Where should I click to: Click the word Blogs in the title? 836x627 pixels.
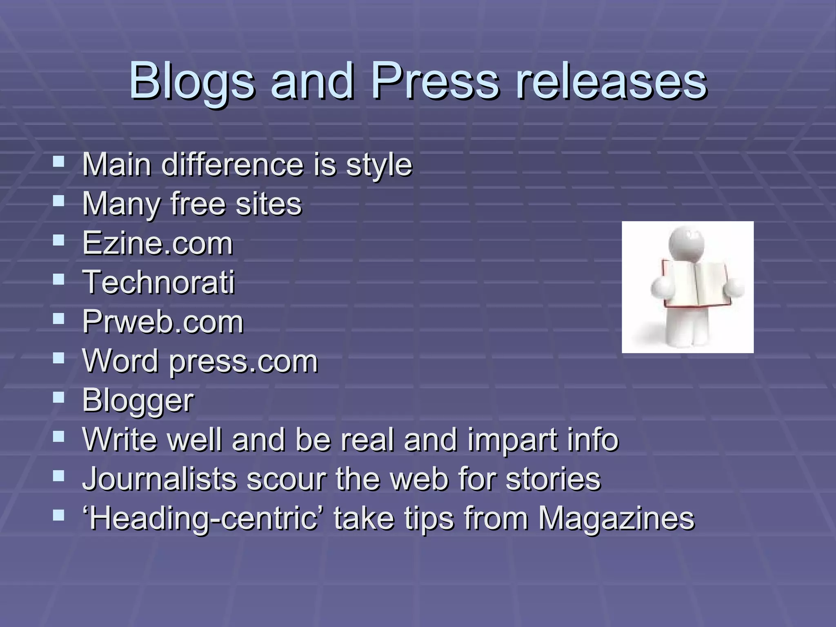[x=191, y=81]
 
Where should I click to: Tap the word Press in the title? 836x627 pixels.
[x=434, y=81]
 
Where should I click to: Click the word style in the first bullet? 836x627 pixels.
[x=379, y=165]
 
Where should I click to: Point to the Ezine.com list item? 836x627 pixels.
[x=158, y=244]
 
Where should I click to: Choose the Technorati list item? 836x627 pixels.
[x=159, y=282]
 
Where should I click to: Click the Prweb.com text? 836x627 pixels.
[x=163, y=322]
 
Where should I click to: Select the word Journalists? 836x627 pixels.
[x=159, y=478]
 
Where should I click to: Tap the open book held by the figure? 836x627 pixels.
[x=696, y=285]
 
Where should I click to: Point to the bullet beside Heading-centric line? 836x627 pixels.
[x=59, y=515]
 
